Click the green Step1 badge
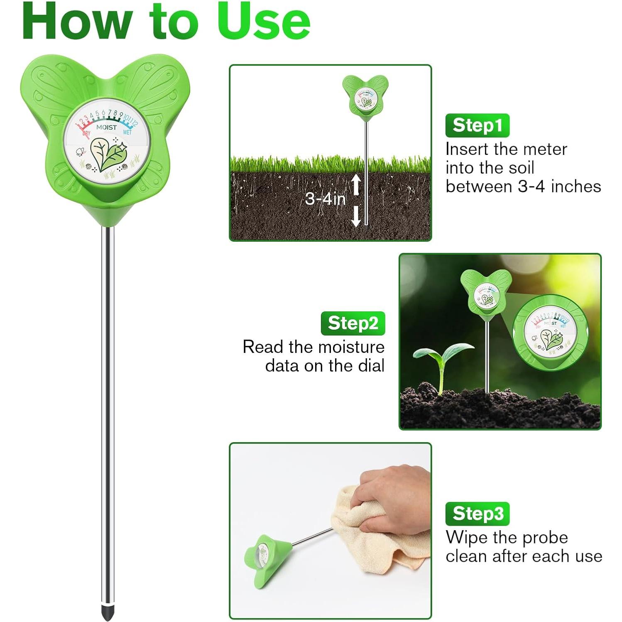pos(477,125)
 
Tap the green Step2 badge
pos(353,323)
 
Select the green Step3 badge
pos(477,514)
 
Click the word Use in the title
pos(263,21)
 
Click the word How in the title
pos(77,21)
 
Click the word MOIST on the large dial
pos(106,127)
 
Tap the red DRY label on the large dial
pos(86,133)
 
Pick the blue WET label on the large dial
pos(127,132)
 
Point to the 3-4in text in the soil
pos(325,199)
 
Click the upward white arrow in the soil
pos(356,184)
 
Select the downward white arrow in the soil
pos(356,216)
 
